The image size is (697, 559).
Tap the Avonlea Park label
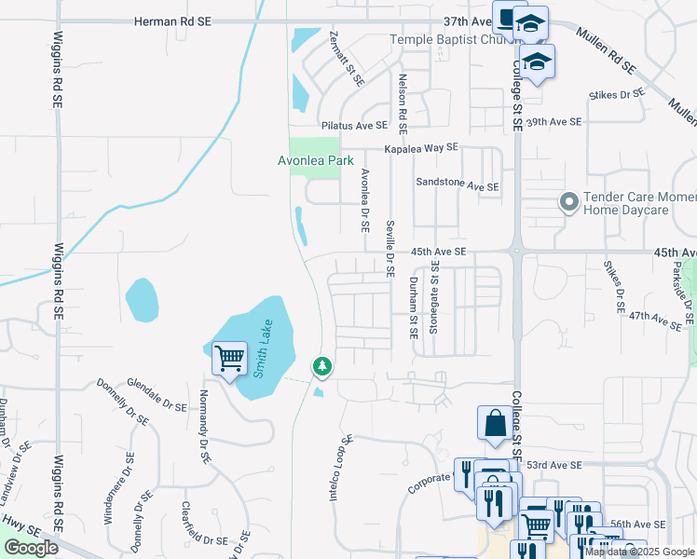316,160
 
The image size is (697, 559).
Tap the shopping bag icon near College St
494,423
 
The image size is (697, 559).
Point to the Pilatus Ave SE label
353,125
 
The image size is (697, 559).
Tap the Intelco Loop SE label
340,468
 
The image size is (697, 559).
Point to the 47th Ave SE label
656,318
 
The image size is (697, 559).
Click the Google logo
31,548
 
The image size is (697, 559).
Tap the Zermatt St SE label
346,58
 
